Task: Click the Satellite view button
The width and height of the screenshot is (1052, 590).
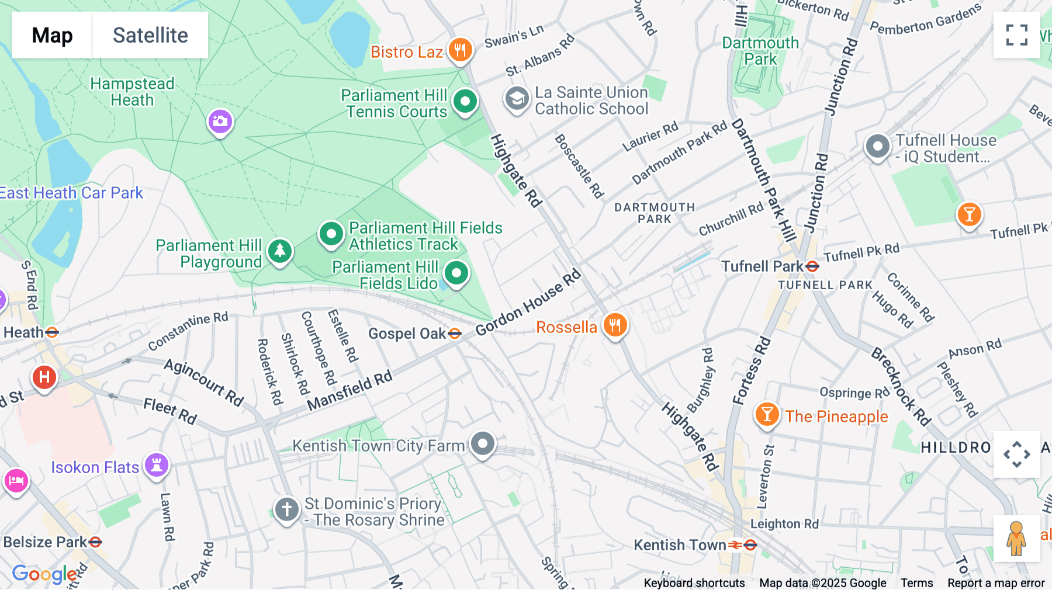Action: click(x=150, y=35)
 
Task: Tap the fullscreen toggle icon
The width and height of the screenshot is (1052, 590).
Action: click(x=1016, y=35)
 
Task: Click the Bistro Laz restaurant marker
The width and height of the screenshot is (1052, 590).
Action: click(x=460, y=50)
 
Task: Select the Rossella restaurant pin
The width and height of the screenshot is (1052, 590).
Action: click(x=615, y=325)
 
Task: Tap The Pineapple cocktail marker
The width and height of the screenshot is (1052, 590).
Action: click(x=767, y=415)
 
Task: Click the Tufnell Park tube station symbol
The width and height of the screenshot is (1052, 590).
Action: click(x=812, y=266)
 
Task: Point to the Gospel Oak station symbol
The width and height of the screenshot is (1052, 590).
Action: click(x=455, y=334)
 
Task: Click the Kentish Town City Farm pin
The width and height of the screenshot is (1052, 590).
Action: click(x=483, y=444)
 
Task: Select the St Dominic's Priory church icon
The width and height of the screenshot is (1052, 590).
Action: click(x=287, y=509)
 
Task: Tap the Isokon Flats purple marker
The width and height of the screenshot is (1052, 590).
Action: click(x=157, y=466)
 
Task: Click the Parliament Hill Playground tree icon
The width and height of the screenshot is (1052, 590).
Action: click(x=280, y=251)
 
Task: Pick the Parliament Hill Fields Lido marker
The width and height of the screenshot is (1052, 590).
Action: click(x=456, y=273)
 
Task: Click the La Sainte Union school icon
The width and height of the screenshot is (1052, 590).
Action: click(x=517, y=99)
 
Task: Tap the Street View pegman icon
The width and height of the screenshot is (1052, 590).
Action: click(x=1016, y=539)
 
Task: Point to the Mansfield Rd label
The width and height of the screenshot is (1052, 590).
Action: click(x=349, y=390)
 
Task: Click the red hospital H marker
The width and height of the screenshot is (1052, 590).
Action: click(x=44, y=377)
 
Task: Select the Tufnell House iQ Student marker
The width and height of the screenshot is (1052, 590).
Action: click(x=877, y=147)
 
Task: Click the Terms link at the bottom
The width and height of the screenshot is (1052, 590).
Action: click(x=916, y=582)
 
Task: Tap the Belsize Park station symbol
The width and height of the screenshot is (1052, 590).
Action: click(x=95, y=542)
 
